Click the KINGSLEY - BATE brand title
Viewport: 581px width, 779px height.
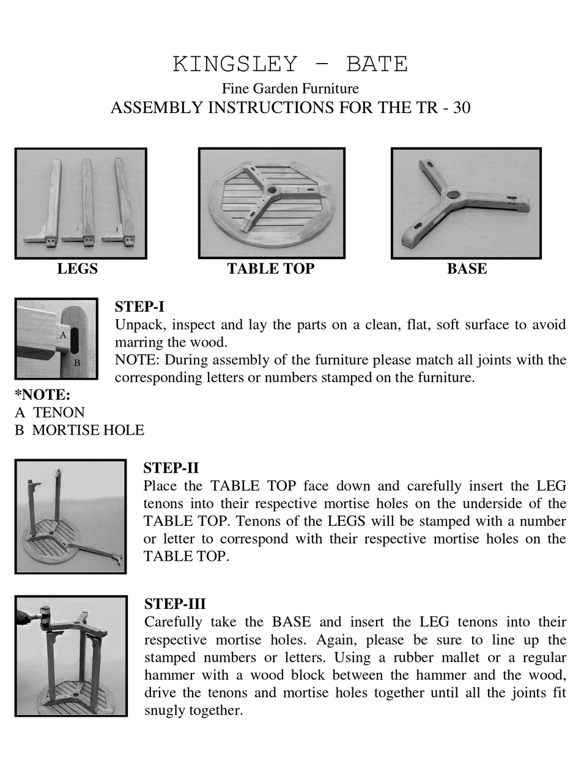290,64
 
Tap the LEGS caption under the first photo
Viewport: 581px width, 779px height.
77,268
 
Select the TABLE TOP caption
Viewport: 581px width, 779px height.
270,268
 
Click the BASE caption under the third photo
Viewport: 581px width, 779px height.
467,268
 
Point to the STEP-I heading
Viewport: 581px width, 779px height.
139,307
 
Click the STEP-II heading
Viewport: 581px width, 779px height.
171,468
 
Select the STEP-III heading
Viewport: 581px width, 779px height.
175,604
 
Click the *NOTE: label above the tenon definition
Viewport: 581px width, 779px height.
43,394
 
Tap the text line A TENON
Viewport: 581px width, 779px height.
50,412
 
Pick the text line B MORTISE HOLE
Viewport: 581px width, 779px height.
80,430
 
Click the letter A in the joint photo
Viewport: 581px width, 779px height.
62,335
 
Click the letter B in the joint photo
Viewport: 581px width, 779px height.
77,362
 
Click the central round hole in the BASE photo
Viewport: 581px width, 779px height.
453,195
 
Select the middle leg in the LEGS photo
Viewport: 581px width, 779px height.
87,202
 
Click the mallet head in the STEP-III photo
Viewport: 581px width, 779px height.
44,612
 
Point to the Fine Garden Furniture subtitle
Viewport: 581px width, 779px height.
290,89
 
